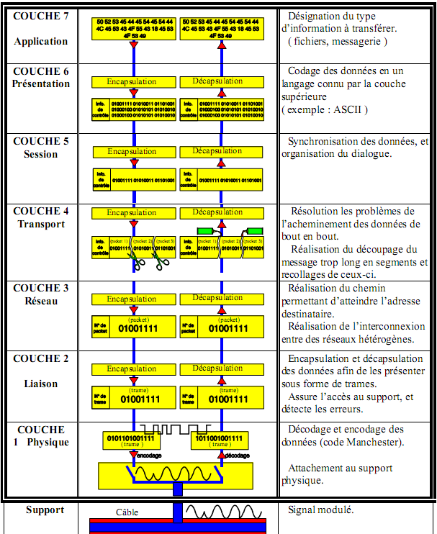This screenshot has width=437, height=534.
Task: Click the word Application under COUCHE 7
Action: [x=40, y=41]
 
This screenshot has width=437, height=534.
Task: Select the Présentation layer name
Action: [x=41, y=83]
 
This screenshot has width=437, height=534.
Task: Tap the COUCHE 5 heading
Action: [x=41, y=141]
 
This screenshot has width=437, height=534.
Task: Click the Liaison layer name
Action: [x=40, y=384]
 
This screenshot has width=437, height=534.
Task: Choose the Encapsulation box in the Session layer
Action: [x=132, y=152]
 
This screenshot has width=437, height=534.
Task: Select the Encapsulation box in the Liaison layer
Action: [x=132, y=368]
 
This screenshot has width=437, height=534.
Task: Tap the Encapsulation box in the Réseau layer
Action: [x=132, y=299]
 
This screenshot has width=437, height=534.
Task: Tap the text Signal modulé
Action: [x=321, y=510]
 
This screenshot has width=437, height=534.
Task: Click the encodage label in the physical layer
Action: [x=147, y=456]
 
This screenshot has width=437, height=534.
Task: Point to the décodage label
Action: [x=238, y=456]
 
